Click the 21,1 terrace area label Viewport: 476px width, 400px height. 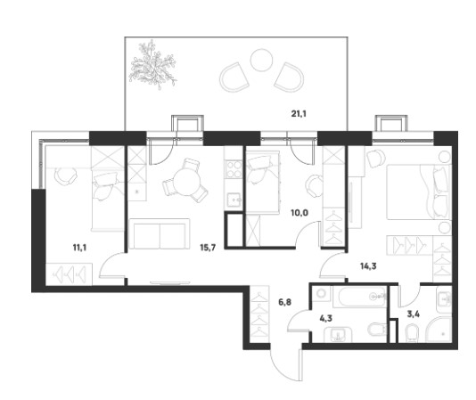point(299,114)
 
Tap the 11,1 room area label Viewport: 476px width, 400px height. point(80,248)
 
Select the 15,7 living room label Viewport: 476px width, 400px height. point(208,248)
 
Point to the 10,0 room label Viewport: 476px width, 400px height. point(300,213)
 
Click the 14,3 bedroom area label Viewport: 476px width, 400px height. point(368,266)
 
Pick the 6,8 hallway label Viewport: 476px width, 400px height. point(284,302)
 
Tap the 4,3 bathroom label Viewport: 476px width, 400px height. point(325,318)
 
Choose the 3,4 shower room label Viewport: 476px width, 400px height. point(414,314)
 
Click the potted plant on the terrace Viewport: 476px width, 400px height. point(152,65)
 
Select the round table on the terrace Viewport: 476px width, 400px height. point(261,60)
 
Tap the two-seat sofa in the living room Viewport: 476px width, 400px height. point(160,233)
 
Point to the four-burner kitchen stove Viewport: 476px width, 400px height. point(233,169)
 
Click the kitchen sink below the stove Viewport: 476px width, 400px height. point(234,200)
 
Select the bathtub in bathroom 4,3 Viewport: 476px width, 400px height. point(359,298)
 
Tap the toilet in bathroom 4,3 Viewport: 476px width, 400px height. point(377,330)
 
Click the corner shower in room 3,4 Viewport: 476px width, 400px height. point(439,331)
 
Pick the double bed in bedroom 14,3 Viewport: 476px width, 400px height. point(418,192)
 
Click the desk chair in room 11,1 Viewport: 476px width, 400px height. point(65,176)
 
